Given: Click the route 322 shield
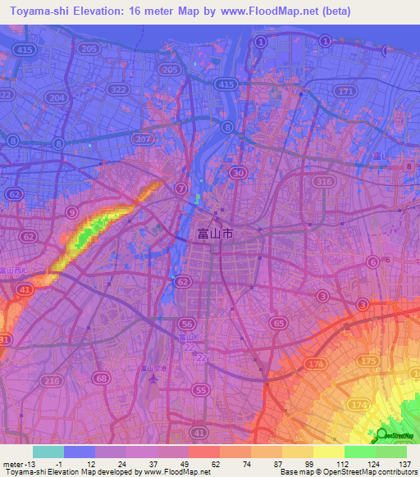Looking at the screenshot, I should point(119,89).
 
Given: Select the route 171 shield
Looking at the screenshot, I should point(348,89).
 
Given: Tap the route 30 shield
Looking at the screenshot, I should point(239,172).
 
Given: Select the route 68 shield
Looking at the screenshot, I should point(102,378).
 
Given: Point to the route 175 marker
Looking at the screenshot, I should point(369,361).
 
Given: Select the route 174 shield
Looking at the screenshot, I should point(357,406).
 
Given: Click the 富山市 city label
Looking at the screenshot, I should point(215,234).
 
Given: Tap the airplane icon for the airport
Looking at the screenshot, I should point(151,379).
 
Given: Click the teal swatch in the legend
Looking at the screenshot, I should point(48,452).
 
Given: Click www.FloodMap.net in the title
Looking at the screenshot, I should point(258,11).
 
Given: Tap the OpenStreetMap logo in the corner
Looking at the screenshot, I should point(396,436).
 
